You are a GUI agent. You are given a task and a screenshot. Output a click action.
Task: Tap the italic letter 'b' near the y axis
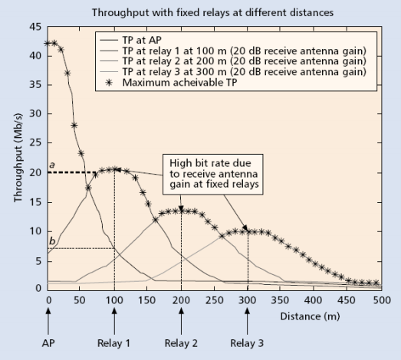(51, 241)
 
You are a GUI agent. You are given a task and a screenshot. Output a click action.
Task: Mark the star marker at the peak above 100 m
(114, 169)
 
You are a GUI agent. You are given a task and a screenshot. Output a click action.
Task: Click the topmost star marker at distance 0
(48, 44)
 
